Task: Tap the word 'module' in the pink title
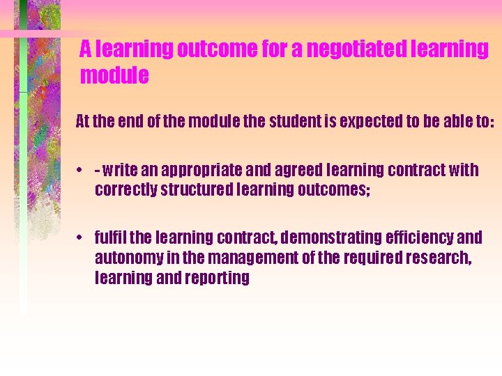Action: click(x=114, y=75)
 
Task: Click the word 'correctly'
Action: click(x=126, y=189)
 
